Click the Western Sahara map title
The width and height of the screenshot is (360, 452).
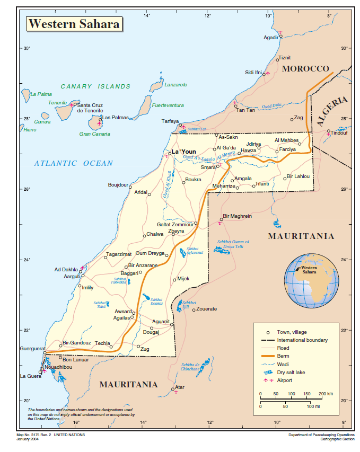coord(74,24)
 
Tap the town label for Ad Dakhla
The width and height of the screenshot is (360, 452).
coord(66,270)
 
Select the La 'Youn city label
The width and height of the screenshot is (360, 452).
coord(184,152)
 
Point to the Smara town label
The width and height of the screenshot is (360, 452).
coord(208,167)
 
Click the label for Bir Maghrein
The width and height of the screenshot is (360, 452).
coord(237,216)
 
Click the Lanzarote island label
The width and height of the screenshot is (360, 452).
coord(175,85)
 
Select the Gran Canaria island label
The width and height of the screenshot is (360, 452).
coord(94,134)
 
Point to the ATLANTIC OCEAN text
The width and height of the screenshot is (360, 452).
coord(74,163)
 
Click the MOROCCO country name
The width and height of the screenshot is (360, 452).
coord(306,69)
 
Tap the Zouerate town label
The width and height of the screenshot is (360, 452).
coord(207,309)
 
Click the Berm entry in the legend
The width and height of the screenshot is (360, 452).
coord(283,356)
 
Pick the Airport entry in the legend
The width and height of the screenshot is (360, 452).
coord(286,380)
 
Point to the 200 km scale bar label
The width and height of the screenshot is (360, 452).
coord(326,394)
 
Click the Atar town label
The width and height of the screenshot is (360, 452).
coord(181,387)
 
